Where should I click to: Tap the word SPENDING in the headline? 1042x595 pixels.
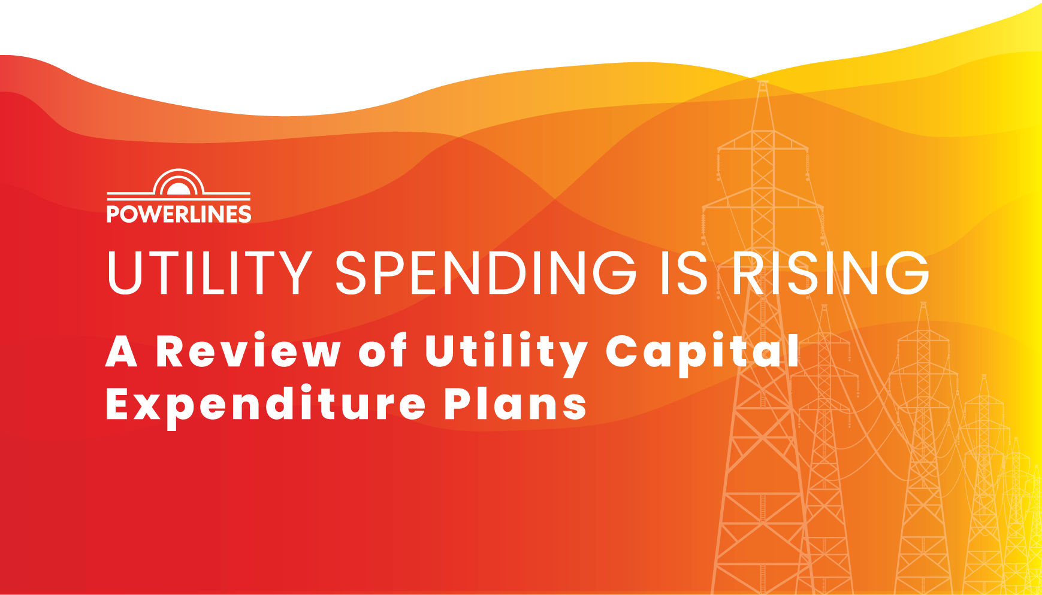pyautogui.click(x=485, y=273)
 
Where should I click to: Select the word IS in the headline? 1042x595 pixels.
pyautogui.click(x=684, y=273)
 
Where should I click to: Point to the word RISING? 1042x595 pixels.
pyautogui.click(x=830, y=273)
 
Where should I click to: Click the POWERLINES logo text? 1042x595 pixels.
pyautogui.click(x=179, y=214)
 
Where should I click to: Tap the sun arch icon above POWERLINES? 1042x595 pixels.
pyautogui.click(x=179, y=183)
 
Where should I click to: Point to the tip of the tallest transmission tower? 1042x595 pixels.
pyautogui.click(x=762, y=83)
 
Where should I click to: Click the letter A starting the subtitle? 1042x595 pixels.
pyautogui.click(x=122, y=352)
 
